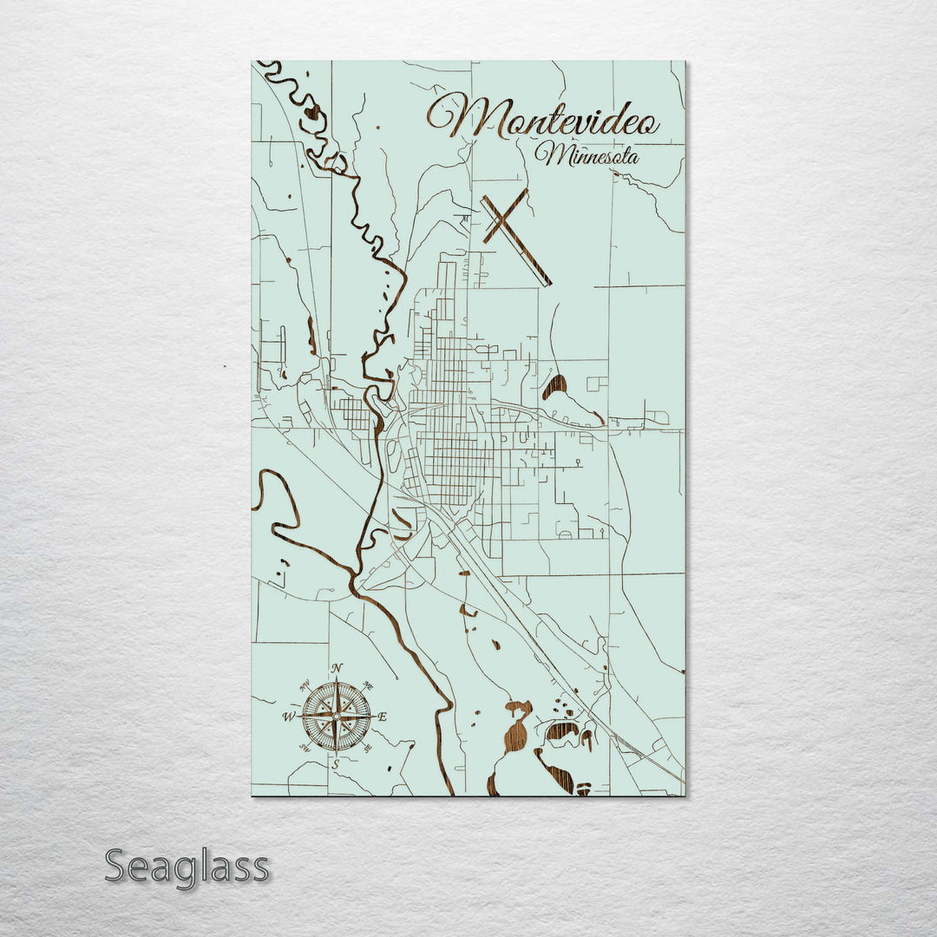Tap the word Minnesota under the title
coord(587,156)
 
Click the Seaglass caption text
coord(187,867)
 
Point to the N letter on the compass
coord(337,667)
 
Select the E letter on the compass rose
coord(382,717)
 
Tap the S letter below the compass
coord(337,764)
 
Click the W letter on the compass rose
coord(288,717)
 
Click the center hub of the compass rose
coord(337,717)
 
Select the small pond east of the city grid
coord(555,386)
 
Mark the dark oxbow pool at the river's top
coord(310,112)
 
